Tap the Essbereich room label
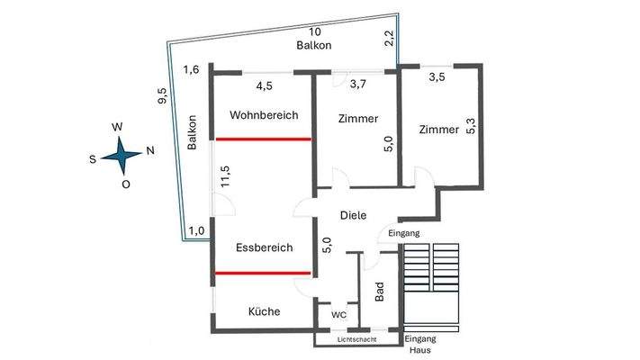264,247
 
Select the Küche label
264,311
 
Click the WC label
338,315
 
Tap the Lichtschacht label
356,340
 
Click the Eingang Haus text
420,343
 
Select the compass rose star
121,156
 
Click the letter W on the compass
117,128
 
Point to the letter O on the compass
125,184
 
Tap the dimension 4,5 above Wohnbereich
265,87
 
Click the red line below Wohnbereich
262,139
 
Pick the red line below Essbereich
262,272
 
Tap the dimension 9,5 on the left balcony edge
162,95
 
